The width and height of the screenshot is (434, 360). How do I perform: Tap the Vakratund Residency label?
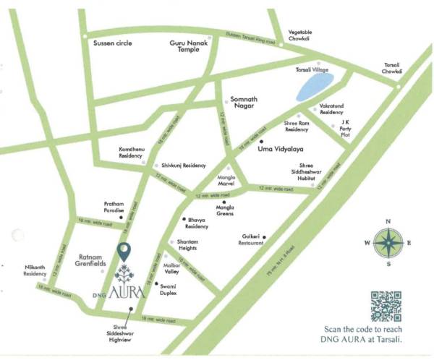point(337,109)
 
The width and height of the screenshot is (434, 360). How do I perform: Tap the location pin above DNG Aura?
point(124,253)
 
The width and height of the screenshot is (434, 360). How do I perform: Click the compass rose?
point(388,242)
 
